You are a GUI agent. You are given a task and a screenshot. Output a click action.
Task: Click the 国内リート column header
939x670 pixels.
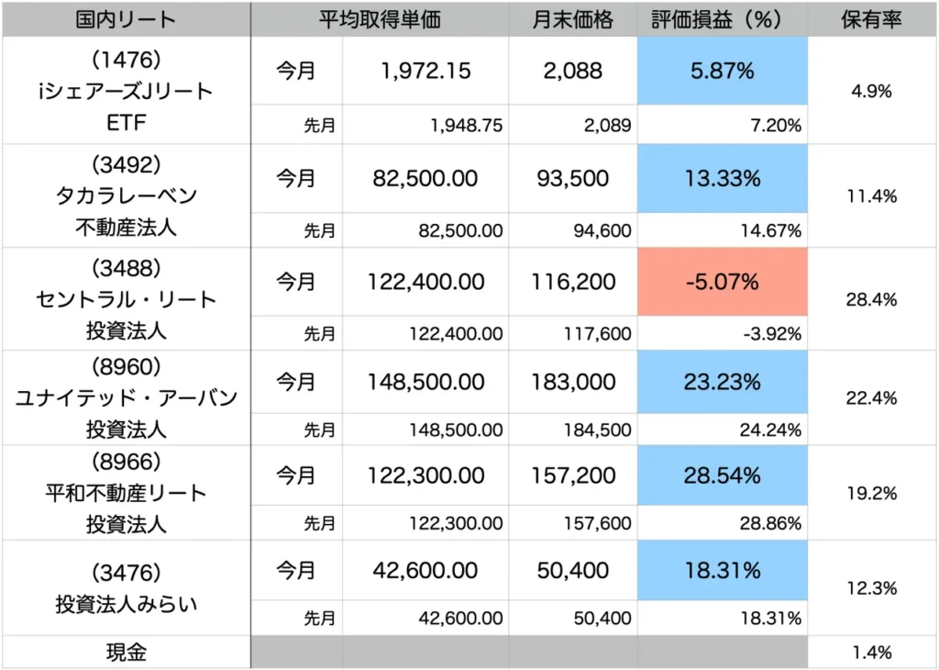127,19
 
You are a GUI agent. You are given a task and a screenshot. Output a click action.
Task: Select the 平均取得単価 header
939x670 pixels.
380,19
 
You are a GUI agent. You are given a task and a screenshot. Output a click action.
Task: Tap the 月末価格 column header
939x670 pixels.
572,19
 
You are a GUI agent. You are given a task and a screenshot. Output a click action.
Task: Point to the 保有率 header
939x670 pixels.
871,19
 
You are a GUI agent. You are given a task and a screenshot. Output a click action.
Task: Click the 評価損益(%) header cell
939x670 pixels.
722,19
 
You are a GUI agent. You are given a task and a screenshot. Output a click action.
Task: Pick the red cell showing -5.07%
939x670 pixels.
722,283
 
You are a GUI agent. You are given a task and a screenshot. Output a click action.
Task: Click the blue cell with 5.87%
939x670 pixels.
722,72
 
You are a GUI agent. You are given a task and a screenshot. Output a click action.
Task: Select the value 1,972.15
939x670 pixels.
425,72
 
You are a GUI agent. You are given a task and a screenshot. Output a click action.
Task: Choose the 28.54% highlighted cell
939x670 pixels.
722,475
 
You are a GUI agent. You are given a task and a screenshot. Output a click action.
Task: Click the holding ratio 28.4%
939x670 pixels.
871,299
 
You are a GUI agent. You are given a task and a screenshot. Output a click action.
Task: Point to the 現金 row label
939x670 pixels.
127,653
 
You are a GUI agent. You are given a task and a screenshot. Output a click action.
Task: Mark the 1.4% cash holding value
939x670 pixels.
871,653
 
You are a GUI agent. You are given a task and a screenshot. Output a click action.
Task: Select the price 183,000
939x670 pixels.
573,380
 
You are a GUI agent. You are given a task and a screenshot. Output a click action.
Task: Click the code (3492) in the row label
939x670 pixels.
127,164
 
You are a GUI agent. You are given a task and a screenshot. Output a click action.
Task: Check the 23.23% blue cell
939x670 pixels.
722,380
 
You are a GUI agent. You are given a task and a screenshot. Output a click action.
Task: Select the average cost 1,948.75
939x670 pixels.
466,126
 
